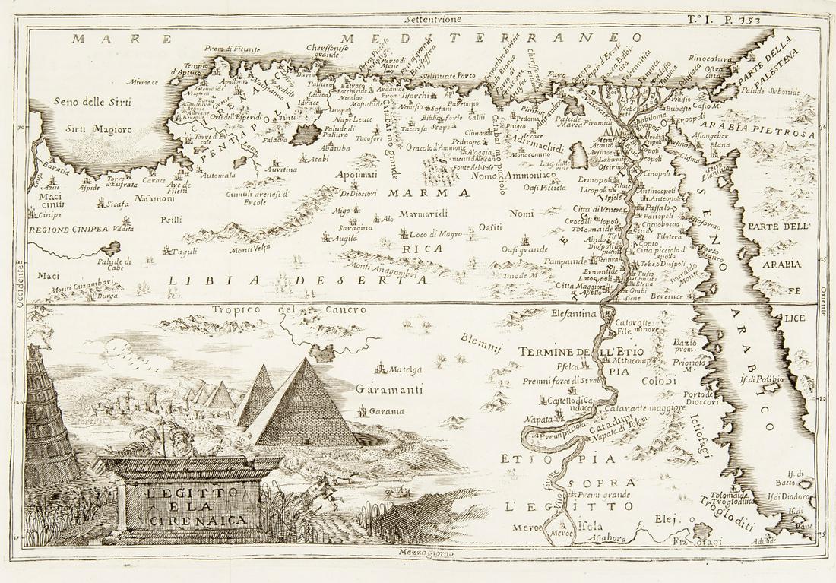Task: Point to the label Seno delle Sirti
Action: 83,101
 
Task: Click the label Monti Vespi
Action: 252,249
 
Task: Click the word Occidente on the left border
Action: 21,285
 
